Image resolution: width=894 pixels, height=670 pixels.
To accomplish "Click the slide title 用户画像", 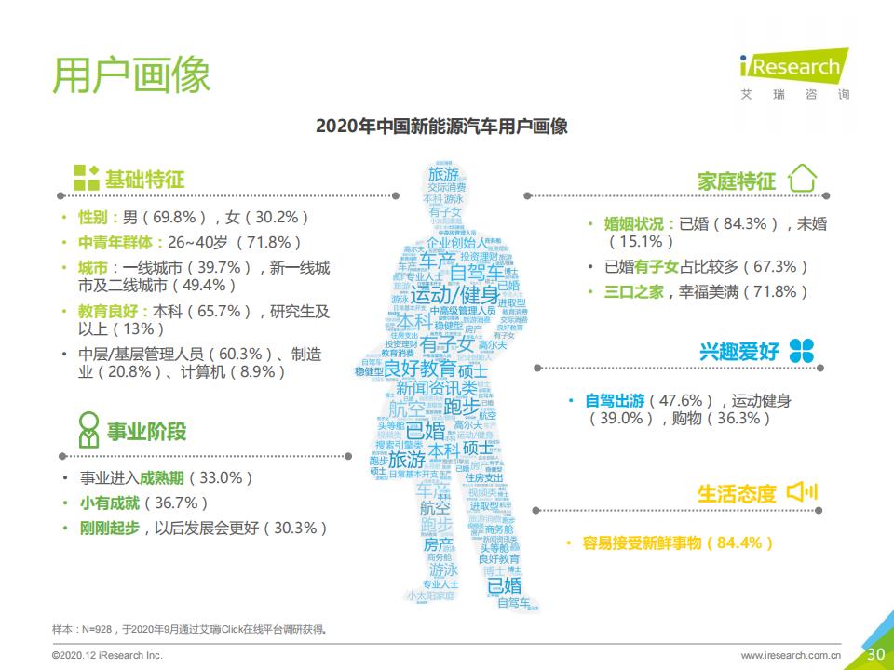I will [x=131, y=74].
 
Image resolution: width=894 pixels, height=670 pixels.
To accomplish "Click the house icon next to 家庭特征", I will [x=802, y=179].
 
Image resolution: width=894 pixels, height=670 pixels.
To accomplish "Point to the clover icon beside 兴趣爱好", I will [x=801, y=351].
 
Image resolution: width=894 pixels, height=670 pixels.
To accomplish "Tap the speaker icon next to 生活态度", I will [x=801, y=491].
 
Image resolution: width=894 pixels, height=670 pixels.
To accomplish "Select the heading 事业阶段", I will [x=146, y=431].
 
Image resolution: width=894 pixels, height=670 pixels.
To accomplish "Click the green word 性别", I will [x=91, y=218].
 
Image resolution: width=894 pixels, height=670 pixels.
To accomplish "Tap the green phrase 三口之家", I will [x=634, y=291].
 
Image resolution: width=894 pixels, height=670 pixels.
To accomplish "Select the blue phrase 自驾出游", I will [x=615, y=401].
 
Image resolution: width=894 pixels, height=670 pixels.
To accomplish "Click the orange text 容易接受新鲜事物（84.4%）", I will [x=678, y=543].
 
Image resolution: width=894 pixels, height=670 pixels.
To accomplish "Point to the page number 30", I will [x=875, y=654].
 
